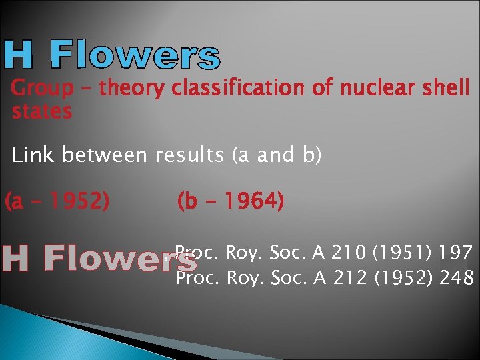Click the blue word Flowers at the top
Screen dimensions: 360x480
point(135,55)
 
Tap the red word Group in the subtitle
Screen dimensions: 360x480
point(42,88)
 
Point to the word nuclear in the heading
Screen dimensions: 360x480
point(367,88)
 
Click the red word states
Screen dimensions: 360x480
point(41,111)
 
